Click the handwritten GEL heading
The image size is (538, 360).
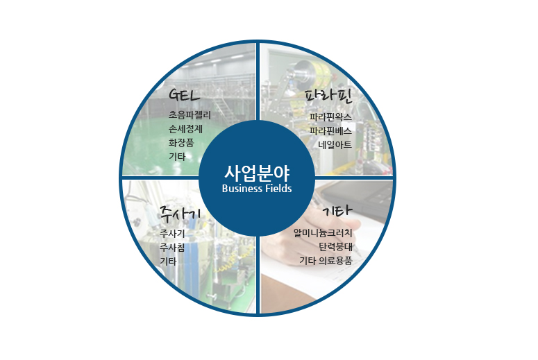184,94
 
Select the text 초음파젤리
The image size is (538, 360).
190,115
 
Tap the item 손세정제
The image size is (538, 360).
185,129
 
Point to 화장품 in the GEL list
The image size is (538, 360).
181,143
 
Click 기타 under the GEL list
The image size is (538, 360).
177,157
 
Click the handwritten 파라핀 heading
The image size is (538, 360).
329,96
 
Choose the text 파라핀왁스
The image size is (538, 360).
330,117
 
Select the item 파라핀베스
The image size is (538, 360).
330,131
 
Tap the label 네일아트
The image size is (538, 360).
335,145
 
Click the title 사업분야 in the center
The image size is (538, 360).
257,173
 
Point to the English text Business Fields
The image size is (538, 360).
257,189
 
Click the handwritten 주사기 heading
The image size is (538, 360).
180,214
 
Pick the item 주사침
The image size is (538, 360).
172,247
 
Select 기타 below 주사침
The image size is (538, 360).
168,262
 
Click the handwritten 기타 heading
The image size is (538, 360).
338,210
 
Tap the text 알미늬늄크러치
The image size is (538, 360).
323,233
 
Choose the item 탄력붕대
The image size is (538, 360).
335,247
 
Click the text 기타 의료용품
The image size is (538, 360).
326,261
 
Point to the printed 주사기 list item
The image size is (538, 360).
172,234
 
